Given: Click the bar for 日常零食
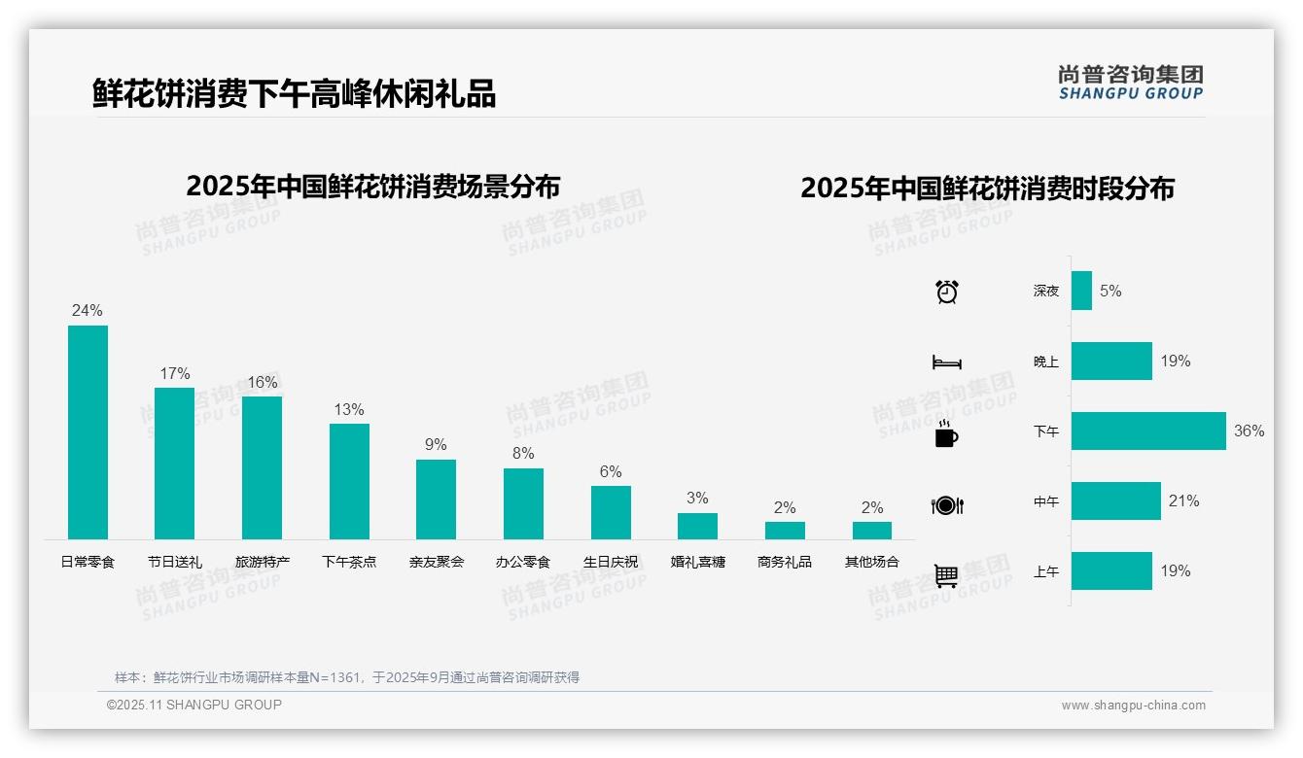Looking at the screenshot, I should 88,432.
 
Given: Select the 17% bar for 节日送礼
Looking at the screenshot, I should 174,464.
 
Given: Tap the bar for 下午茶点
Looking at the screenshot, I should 349,481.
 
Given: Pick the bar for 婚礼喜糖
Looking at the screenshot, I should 697,526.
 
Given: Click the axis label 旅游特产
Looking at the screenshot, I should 263,562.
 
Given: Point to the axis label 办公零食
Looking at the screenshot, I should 523,562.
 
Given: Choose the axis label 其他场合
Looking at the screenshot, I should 871,562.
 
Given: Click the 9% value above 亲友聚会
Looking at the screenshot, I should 436,444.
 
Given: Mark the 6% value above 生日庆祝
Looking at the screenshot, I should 611,471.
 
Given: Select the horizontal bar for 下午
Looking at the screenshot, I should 1148,431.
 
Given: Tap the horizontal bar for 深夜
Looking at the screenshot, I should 1081,291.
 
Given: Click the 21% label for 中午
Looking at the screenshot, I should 1183,501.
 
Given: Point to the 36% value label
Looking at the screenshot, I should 1249,431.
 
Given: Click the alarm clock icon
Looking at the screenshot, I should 947,292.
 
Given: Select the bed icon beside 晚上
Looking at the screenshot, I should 947,362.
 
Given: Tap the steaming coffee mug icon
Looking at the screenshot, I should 946,433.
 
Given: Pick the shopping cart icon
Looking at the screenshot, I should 946,575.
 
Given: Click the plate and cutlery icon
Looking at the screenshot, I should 947,505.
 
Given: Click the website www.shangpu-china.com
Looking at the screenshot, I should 1133,706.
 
